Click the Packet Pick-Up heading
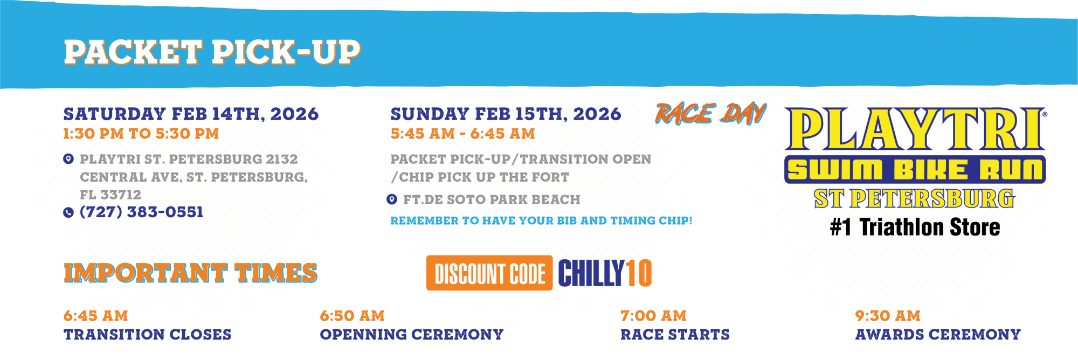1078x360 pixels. pyautogui.click(x=212, y=52)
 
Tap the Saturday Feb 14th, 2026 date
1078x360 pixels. pyautogui.click(x=191, y=114)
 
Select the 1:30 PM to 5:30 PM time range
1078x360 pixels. pyautogui.click(x=141, y=134)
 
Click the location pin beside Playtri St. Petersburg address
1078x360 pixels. pyautogui.click(x=68, y=159)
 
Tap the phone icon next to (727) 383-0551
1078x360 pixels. pyautogui.click(x=68, y=212)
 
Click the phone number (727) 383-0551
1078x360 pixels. pyautogui.click(x=141, y=212)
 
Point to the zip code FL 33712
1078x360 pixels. pyautogui.click(x=110, y=194)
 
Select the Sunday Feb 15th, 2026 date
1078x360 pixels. pyautogui.click(x=506, y=114)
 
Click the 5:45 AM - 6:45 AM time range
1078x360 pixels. pyautogui.click(x=462, y=134)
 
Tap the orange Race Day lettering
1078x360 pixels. pyautogui.click(x=710, y=114)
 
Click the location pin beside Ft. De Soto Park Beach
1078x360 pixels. pyautogui.click(x=392, y=199)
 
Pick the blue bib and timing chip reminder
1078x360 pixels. pyautogui.click(x=541, y=220)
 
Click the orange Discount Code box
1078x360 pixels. pyautogui.click(x=489, y=273)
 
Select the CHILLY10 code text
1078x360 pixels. pyautogui.click(x=605, y=273)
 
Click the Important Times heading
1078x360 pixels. pyautogui.click(x=190, y=272)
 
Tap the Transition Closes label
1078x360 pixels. pyautogui.click(x=147, y=335)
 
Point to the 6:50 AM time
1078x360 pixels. pyautogui.click(x=352, y=316)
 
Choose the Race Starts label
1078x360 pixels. pyautogui.click(x=675, y=335)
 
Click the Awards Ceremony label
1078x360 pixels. pyautogui.click(x=938, y=335)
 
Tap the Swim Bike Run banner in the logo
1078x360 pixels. pyautogui.click(x=915, y=170)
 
